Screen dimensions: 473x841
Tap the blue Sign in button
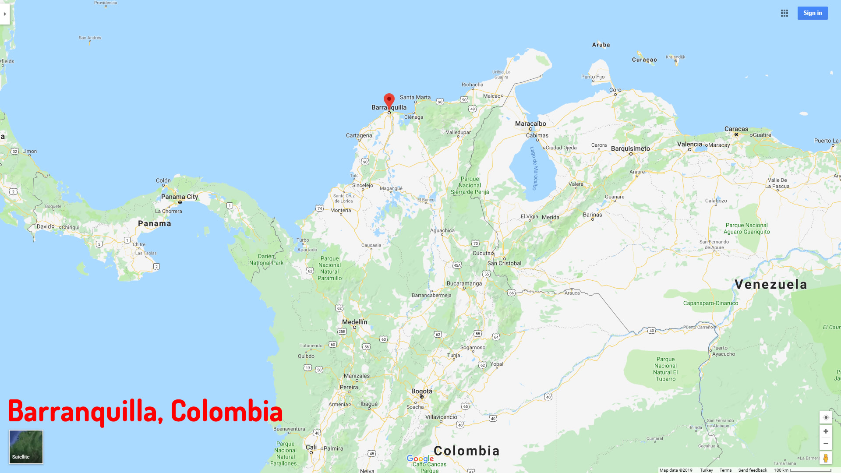[x=813, y=13]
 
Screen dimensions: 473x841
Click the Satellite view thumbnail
[x=26, y=447]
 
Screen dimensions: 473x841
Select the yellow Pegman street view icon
[x=826, y=458]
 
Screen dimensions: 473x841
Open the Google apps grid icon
[x=784, y=13]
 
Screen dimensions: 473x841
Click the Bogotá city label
[x=421, y=392]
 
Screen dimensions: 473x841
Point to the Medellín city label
[x=354, y=322]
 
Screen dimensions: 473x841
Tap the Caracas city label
[x=736, y=129]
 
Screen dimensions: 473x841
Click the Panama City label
[x=180, y=197]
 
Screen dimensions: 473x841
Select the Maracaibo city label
[x=530, y=124]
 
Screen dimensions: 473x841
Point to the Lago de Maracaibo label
[x=534, y=168]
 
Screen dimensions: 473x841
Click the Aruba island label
[x=601, y=45]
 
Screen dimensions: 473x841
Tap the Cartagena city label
[x=359, y=135]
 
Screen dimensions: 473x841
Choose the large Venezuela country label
[x=771, y=284]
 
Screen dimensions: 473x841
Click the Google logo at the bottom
[x=420, y=459]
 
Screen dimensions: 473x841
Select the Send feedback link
[x=753, y=470]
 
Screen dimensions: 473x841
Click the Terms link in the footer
[x=725, y=470]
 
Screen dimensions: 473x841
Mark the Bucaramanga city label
[x=464, y=283]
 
